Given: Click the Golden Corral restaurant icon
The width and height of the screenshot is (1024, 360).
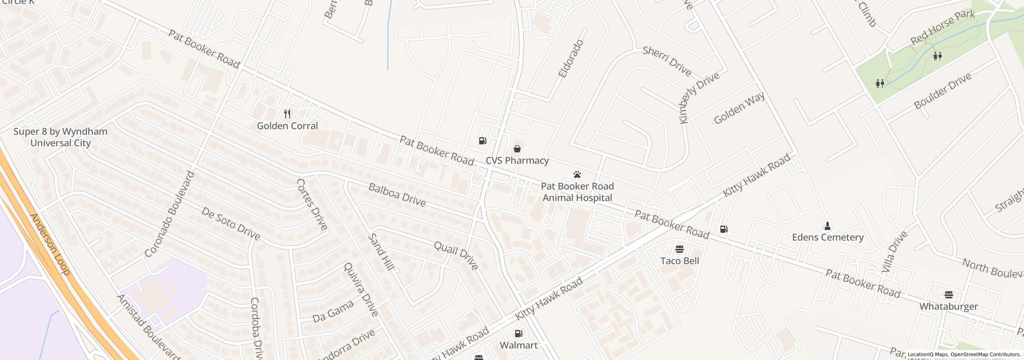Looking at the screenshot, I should [287, 114].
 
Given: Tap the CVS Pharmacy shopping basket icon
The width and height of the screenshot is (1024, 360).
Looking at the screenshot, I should [517, 149].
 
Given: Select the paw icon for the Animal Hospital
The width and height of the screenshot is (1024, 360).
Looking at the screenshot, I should [577, 174].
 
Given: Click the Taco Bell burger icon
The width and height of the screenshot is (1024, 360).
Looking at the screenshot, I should [679, 249].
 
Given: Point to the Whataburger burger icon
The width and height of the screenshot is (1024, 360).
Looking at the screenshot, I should [948, 295].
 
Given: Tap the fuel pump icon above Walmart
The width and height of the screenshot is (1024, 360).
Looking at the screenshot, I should [518, 333].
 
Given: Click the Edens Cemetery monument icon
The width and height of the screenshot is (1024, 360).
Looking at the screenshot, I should [827, 226].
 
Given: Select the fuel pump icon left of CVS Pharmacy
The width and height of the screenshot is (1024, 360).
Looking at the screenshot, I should [483, 140].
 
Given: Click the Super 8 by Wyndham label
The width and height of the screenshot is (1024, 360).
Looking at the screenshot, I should [60, 137].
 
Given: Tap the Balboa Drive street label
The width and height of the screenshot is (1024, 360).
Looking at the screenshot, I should [397, 195].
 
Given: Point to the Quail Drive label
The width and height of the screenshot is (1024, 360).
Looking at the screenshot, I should [456, 255].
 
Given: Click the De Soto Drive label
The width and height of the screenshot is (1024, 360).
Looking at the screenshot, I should [231, 224].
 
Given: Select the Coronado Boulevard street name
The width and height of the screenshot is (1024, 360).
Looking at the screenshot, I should [170, 214].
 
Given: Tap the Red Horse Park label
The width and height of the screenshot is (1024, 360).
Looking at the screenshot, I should [942, 27].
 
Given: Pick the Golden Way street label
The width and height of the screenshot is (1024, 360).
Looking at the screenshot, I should [739, 108].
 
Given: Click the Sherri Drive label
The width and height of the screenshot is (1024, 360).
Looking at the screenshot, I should [667, 61].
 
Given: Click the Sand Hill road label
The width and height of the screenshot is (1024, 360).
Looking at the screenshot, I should [381, 252].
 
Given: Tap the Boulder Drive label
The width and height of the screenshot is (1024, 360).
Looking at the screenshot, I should [942, 91].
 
